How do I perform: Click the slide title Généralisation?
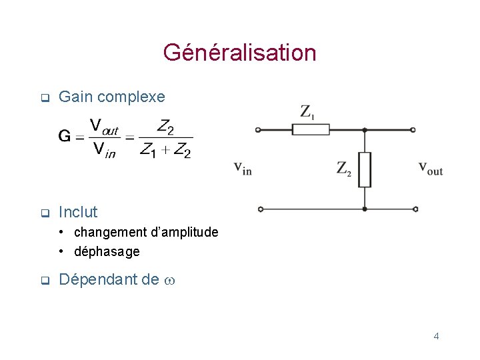click(x=239, y=53)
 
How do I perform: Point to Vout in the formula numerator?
click(x=104, y=126)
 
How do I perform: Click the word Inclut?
click(x=78, y=213)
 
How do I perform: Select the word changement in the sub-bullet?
click(x=111, y=233)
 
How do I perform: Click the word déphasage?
click(x=107, y=252)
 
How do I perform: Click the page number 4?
click(x=436, y=336)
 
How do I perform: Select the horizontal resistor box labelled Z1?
click(x=311, y=129)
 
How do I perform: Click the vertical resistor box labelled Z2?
click(x=364, y=169)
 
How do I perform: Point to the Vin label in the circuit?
click(x=243, y=168)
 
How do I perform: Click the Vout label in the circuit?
click(x=431, y=168)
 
